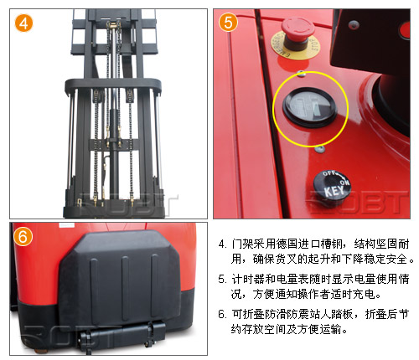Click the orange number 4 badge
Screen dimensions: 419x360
pos(23,23)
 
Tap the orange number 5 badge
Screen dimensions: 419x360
pos(228,23)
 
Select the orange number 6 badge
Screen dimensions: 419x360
pos(23,236)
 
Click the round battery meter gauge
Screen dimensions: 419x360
pos(310,107)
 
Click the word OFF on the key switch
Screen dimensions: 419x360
pos(329,173)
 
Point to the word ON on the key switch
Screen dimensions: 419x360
pos(344,183)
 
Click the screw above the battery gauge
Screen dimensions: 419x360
pos(301,74)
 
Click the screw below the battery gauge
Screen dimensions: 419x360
pos(320,149)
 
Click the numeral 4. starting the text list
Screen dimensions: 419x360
pos(223,244)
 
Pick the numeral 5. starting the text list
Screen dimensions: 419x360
pos(223,279)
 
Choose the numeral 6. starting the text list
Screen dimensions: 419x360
pos(223,314)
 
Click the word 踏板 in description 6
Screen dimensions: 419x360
pos(342,314)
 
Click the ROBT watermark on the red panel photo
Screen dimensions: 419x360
pos(359,202)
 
